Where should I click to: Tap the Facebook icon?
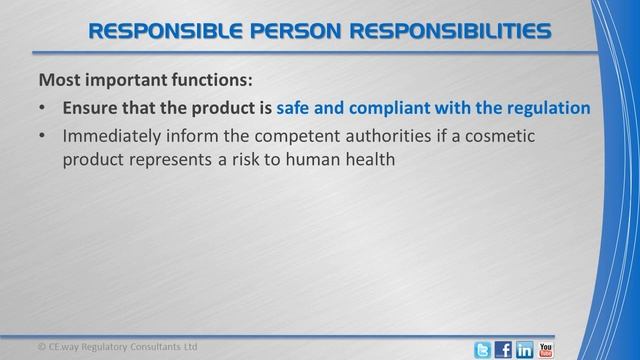pos(504,349)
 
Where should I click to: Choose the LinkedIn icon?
pos(525,349)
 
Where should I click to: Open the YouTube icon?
pos(546,349)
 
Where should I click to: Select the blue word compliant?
pos(401,107)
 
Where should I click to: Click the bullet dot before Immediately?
pos(41,136)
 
